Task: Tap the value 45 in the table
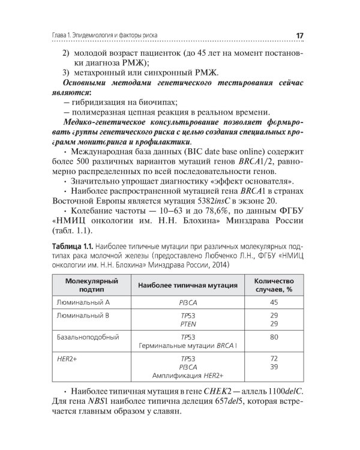click(274, 302)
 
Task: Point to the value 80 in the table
click(274, 337)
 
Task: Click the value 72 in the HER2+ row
click(274, 359)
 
